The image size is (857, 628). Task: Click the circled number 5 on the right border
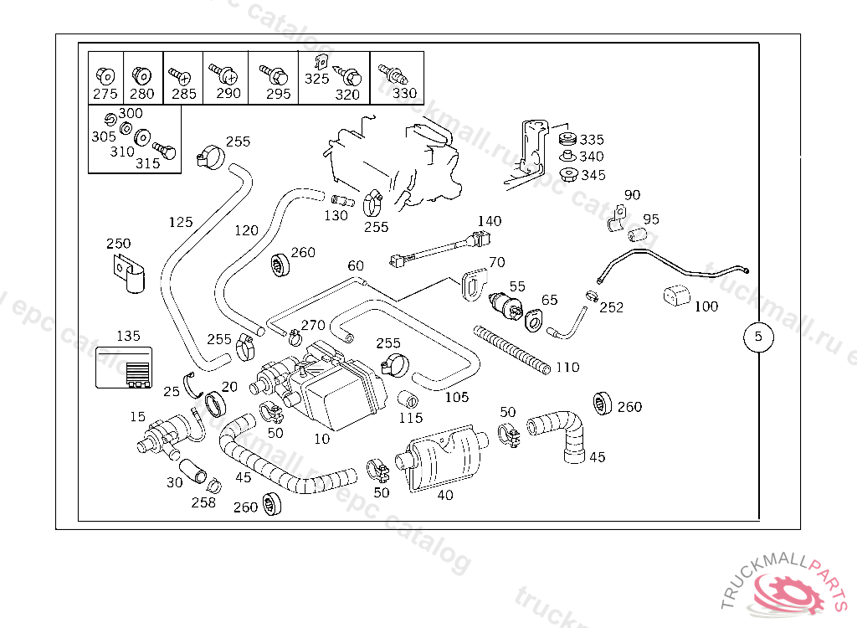click(x=758, y=337)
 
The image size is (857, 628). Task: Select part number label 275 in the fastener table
click(x=105, y=94)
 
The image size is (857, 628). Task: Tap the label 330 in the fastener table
click(x=404, y=93)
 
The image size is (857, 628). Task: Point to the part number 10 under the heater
click(x=321, y=438)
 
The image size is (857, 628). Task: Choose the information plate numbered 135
click(x=124, y=368)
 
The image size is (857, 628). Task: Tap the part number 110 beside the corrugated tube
click(x=567, y=368)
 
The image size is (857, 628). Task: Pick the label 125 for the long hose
click(x=181, y=222)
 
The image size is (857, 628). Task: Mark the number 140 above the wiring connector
click(x=490, y=221)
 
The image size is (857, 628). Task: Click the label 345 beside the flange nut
click(x=593, y=175)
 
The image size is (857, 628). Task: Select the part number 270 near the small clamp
click(x=313, y=325)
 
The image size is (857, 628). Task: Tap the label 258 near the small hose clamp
click(x=203, y=502)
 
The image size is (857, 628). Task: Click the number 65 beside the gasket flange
click(x=549, y=300)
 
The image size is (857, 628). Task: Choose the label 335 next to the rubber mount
click(x=592, y=140)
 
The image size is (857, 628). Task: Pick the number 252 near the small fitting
click(x=612, y=307)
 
